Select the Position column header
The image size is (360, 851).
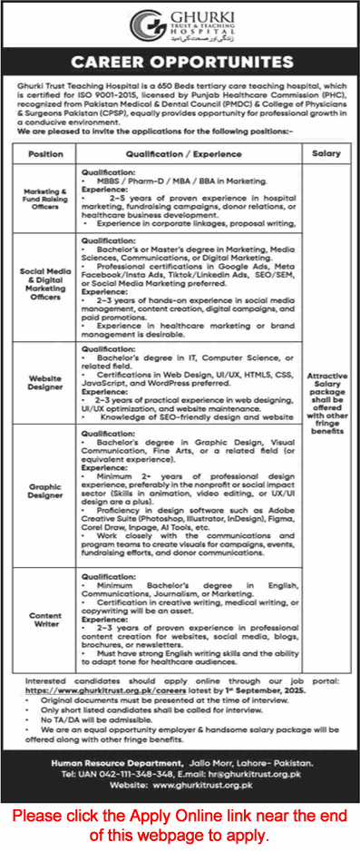(45, 154)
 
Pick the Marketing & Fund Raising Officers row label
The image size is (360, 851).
(45, 201)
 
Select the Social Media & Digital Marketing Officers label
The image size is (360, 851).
(45, 283)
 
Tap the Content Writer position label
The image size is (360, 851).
(45, 593)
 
